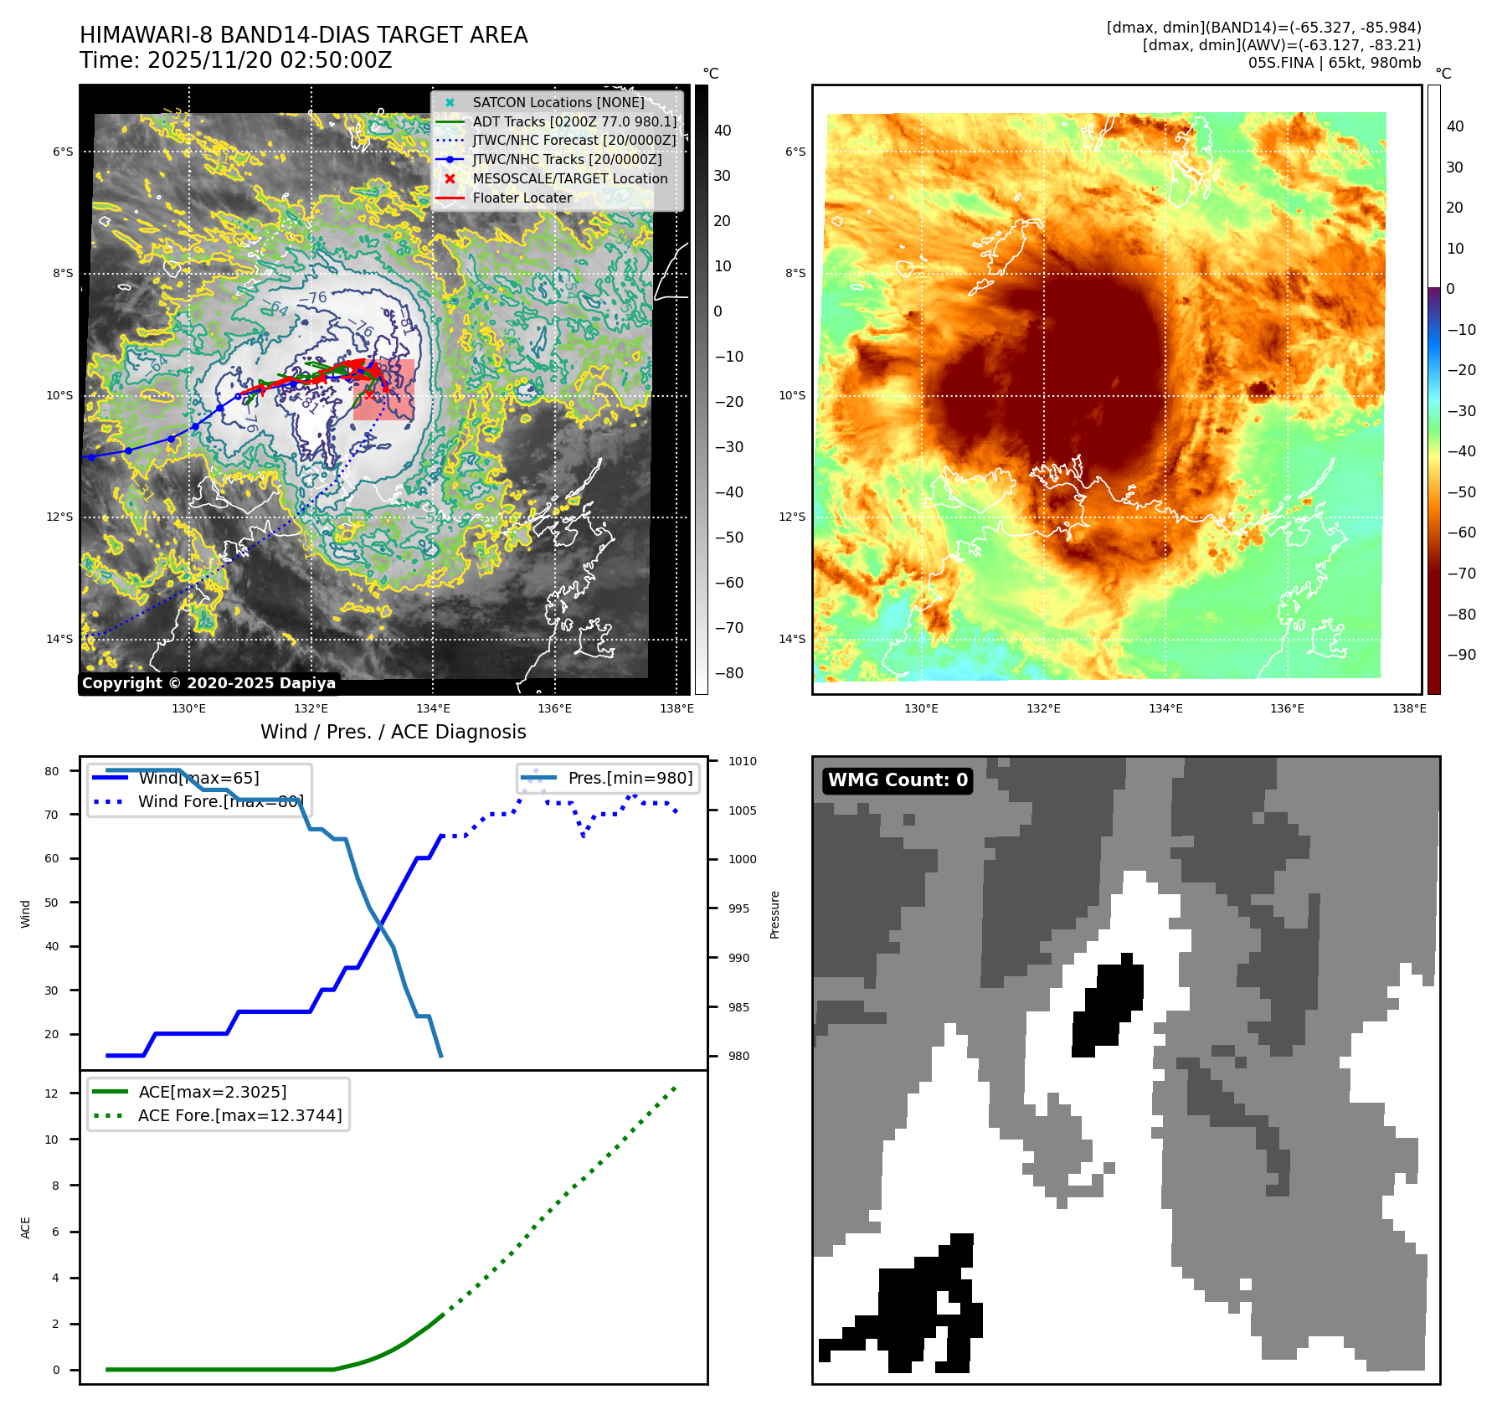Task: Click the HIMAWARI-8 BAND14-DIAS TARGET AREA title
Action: coord(303,35)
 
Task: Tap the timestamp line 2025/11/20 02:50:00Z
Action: coord(235,60)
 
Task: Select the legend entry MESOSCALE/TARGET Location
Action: coord(569,178)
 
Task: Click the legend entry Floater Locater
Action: coord(522,198)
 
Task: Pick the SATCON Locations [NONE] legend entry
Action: coord(558,102)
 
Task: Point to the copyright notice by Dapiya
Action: coord(208,683)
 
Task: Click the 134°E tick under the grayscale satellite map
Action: coord(433,709)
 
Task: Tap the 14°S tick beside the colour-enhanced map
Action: coord(792,639)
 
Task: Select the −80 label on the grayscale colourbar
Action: coord(728,673)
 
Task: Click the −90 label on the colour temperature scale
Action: coord(1461,655)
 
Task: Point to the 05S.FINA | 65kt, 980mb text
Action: coord(1334,63)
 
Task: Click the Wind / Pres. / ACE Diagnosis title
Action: coord(393,732)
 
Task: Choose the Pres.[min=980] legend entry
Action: coord(630,778)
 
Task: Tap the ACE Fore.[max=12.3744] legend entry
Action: coord(239,1115)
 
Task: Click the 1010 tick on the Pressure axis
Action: coord(742,761)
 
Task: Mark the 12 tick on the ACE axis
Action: coord(52,1093)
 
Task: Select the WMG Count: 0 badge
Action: coord(898,780)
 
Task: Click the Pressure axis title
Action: coord(774,914)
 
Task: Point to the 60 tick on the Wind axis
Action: coord(52,858)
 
